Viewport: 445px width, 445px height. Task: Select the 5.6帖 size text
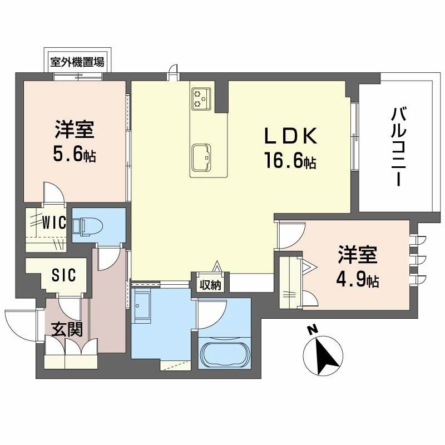coord(74,155)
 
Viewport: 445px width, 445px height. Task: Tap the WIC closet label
coord(55,223)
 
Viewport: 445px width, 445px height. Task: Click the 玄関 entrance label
coord(67,329)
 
